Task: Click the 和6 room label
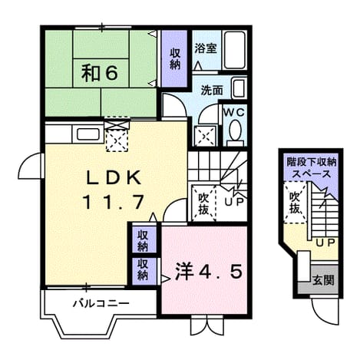pyautogui.click(x=100, y=74)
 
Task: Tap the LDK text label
pyautogui.click(x=114, y=178)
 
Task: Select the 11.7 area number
pyautogui.click(x=113, y=202)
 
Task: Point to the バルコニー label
pyautogui.click(x=101, y=304)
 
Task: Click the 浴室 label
pyautogui.click(x=206, y=48)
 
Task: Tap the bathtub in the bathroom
pyautogui.click(x=235, y=50)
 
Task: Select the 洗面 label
pyautogui.click(x=212, y=91)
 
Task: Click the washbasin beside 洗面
pyautogui.click(x=239, y=88)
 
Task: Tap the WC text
pyautogui.click(x=235, y=113)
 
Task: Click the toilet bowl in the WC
pyautogui.click(x=235, y=132)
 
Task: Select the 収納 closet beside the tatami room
pyautogui.click(x=175, y=58)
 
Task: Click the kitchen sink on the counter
pyautogui.click(x=88, y=134)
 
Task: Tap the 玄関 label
pyautogui.click(x=324, y=281)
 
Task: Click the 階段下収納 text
pyautogui.click(x=312, y=162)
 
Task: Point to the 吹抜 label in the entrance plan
pyautogui.click(x=295, y=203)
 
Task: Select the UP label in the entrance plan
pyautogui.click(x=325, y=243)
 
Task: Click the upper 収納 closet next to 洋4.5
pyautogui.click(x=144, y=240)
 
